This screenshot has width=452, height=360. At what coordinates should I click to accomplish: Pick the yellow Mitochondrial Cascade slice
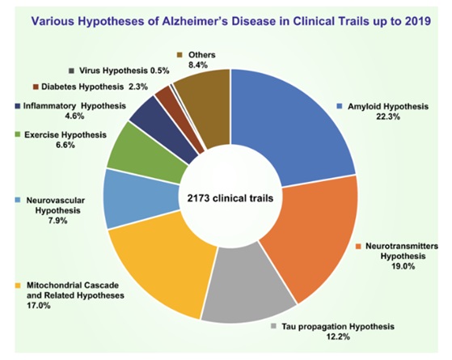(x=162, y=265)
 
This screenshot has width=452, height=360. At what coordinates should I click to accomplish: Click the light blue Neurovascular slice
(x=142, y=199)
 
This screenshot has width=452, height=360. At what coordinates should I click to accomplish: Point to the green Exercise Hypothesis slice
(x=147, y=153)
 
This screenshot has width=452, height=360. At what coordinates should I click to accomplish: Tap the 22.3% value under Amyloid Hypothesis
(x=388, y=116)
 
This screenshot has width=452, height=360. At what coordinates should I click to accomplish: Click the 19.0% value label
(x=403, y=266)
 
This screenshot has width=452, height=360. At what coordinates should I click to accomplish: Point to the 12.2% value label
(x=338, y=337)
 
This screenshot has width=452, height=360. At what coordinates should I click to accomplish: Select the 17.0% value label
(x=39, y=306)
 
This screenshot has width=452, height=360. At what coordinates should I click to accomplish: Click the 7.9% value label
(x=57, y=221)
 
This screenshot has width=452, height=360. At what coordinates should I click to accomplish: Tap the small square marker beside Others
(x=180, y=55)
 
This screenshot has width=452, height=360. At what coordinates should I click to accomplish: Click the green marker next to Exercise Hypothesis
(x=18, y=134)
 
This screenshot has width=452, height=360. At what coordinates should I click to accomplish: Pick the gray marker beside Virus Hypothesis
(x=72, y=70)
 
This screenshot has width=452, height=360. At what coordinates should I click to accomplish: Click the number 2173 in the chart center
(x=197, y=198)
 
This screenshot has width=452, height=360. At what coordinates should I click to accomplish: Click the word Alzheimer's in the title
(x=192, y=21)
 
